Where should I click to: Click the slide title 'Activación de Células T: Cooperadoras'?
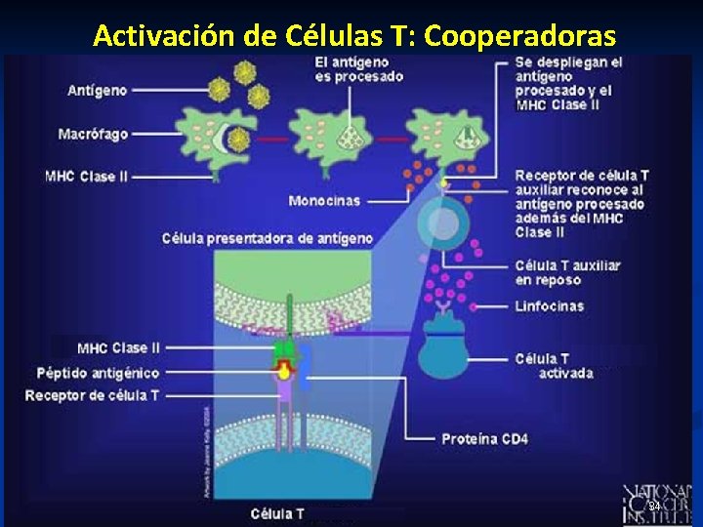pyautogui.click(x=354, y=36)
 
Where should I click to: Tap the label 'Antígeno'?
pyautogui.click(x=97, y=91)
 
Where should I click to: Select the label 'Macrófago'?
pyautogui.click(x=93, y=134)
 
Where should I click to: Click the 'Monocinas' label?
pyautogui.click(x=324, y=201)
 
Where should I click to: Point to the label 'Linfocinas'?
pyautogui.click(x=549, y=305)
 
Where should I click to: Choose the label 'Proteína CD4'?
pyautogui.click(x=484, y=439)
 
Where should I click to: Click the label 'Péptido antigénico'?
pyautogui.click(x=98, y=373)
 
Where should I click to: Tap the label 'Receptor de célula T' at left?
pyautogui.click(x=92, y=395)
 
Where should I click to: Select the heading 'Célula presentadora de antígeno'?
pyautogui.click(x=268, y=238)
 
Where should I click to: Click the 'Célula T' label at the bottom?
pyautogui.click(x=277, y=513)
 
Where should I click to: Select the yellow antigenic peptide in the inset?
pyautogui.click(x=284, y=371)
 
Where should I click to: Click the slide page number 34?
pyautogui.click(x=655, y=507)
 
